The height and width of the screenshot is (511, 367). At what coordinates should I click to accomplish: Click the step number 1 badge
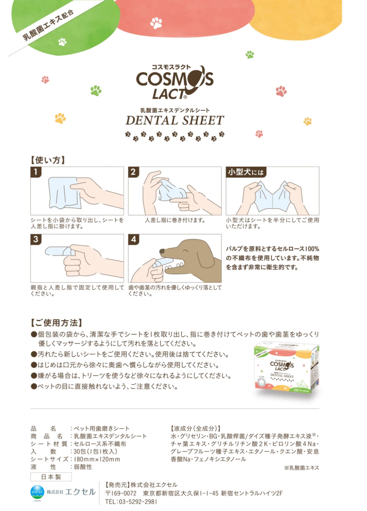pos(36,172)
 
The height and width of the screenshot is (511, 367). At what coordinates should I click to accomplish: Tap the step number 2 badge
pos(133,172)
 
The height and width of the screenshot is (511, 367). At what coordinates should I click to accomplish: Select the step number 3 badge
pos(36,239)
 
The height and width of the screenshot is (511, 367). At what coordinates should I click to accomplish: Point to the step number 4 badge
pos(133,239)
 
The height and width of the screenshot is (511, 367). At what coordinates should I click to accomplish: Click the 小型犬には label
pos(246,172)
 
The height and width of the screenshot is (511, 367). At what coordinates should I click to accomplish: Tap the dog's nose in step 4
pos(162,251)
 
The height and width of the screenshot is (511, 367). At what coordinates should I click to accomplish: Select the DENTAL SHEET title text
pos(175,121)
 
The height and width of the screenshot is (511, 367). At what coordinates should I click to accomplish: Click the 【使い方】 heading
pos(48,160)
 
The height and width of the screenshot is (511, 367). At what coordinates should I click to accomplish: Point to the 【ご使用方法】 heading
pos(56,323)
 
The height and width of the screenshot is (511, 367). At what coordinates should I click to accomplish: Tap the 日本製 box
pos(51,477)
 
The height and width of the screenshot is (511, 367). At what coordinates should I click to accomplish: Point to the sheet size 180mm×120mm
pos(97,459)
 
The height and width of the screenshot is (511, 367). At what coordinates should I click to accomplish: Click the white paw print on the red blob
pos(156,23)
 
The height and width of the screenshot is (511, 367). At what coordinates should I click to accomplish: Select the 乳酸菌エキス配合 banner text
pos(48,25)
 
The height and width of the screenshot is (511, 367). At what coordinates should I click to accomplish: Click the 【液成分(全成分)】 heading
pos(195,428)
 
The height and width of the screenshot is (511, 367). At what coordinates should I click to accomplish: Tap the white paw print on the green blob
pos(62,42)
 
